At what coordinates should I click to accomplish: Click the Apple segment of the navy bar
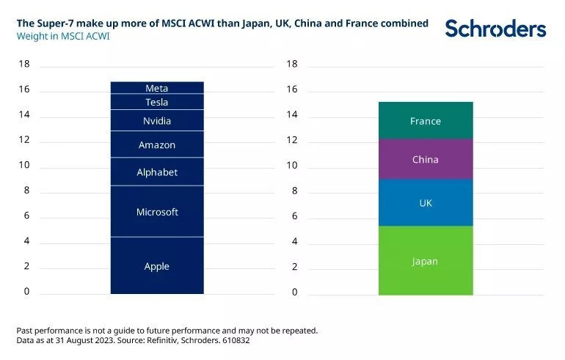157,265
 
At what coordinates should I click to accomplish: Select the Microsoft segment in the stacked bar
157,212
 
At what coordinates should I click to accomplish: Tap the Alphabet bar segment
157,172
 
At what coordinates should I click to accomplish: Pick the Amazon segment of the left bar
157,144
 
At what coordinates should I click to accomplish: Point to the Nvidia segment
157,120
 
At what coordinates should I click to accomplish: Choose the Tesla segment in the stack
157,102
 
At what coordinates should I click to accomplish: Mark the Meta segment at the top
157,88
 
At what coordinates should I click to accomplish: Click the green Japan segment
426,260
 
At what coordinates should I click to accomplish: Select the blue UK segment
426,202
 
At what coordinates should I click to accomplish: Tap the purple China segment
426,159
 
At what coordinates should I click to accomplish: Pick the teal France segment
426,120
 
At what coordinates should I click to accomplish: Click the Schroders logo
496,29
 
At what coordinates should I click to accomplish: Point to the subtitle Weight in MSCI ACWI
63,36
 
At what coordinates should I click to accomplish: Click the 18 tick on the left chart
24,65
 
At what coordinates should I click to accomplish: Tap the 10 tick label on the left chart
24,166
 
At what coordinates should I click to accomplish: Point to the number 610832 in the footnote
237,341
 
